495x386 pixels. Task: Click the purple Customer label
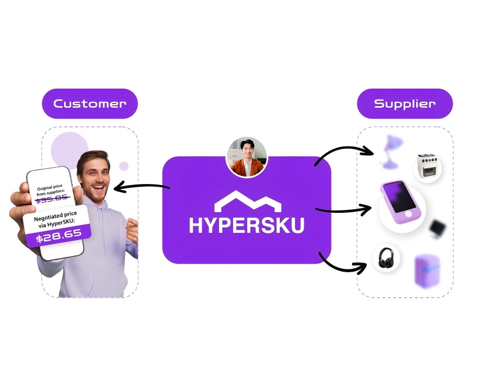pos(90,103)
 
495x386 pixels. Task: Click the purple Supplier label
pos(405,103)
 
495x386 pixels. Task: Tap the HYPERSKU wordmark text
pos(247,225)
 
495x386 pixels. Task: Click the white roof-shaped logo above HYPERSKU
pos(247,201)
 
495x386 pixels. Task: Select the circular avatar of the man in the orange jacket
pos(247,157)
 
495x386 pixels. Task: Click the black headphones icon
pos(386,258)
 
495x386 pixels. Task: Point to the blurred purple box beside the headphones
pos(428,270)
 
